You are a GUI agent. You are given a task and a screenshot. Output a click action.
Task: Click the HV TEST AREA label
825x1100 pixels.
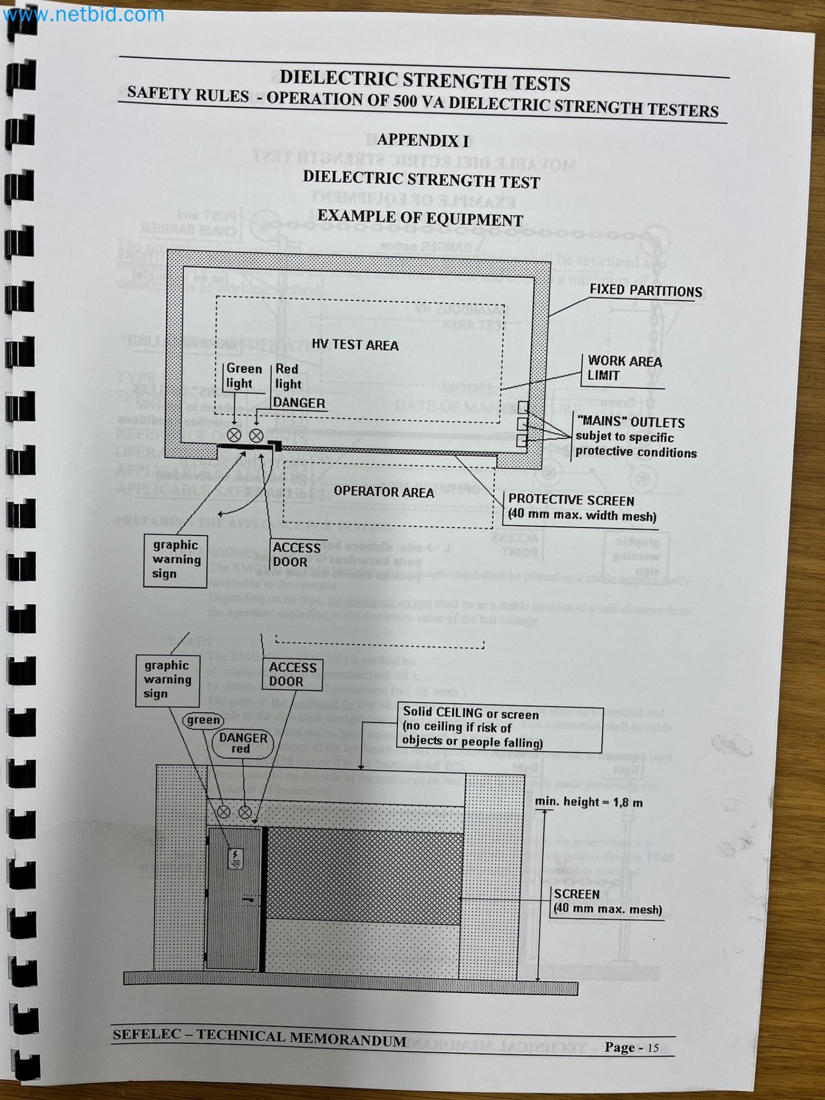pos(355,345)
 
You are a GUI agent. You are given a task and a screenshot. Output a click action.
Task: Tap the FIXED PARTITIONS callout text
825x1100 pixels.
pos(646,291)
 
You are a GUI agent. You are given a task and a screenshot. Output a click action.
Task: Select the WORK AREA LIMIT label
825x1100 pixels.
pos(624,368)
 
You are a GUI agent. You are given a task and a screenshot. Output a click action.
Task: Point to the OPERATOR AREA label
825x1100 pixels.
pos(383,491)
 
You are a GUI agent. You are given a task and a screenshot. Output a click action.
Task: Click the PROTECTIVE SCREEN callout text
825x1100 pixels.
pos(582,508)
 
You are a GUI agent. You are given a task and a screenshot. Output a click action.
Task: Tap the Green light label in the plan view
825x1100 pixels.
pos(243,376)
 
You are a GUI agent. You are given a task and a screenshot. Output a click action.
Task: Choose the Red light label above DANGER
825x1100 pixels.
pos(288,377)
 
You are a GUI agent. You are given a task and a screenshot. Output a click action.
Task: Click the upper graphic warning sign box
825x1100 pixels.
pos(176,560)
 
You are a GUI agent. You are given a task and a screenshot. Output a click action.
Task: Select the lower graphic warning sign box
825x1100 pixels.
pos(167,679)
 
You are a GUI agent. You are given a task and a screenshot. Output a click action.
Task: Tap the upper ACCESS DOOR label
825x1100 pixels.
pos(296,555)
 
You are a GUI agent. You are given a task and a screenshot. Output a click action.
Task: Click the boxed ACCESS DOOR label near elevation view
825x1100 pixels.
pos(292,674)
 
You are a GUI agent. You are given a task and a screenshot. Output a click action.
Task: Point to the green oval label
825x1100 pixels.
pos(203,720)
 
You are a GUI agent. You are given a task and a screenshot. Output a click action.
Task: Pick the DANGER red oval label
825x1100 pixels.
pos(243,743)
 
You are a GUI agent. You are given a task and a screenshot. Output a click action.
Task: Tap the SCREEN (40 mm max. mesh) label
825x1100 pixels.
pos(607,902)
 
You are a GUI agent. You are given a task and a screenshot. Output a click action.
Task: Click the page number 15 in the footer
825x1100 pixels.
pos(653,1048)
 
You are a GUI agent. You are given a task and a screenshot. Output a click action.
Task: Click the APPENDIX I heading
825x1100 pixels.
pos(422,141)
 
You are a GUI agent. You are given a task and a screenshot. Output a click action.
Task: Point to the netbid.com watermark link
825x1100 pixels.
pos(83,14)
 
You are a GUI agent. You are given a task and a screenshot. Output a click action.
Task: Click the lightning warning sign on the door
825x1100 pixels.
pos(236,858)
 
